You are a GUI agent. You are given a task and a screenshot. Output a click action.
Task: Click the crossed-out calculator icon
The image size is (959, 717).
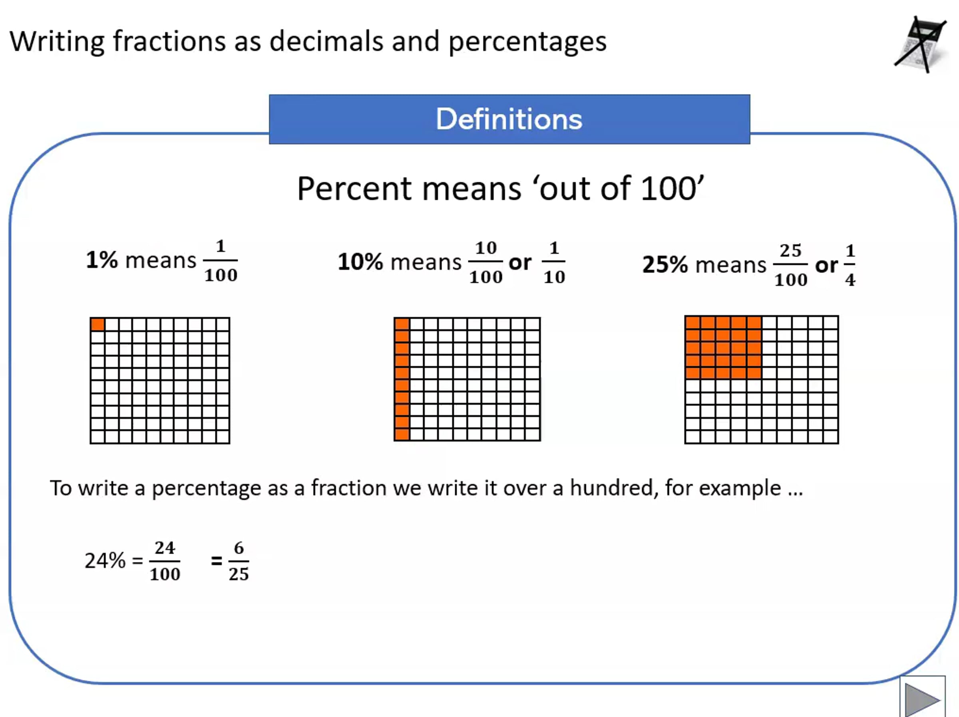pos(920,45)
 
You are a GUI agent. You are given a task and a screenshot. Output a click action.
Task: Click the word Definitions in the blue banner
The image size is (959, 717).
pos(509,119)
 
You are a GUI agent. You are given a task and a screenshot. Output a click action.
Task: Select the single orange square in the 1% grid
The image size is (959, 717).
pos(97,324)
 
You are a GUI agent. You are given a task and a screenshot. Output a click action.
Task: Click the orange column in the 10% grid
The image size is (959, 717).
pos(402,379)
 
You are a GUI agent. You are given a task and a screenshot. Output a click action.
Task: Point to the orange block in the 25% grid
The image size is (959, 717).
pos(724,348)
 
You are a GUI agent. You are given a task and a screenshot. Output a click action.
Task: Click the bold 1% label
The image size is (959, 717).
pos(102,260)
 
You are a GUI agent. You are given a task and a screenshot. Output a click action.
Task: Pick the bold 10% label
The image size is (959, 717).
pos(360,262)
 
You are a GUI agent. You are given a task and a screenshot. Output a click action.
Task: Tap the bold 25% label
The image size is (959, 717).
pos(665,264)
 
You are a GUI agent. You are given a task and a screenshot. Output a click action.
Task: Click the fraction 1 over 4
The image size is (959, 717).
pos(850,265)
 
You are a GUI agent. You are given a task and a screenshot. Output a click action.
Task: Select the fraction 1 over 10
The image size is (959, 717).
pos(554,262)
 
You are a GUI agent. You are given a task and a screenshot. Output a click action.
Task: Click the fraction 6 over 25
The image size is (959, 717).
pos(239,561)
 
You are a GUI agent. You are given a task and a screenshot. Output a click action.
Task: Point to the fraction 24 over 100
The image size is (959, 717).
pos(165,561)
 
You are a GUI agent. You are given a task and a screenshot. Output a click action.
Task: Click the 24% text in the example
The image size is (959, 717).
pos(105,560)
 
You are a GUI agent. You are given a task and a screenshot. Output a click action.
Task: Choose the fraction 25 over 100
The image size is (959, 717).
pos(791,265)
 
